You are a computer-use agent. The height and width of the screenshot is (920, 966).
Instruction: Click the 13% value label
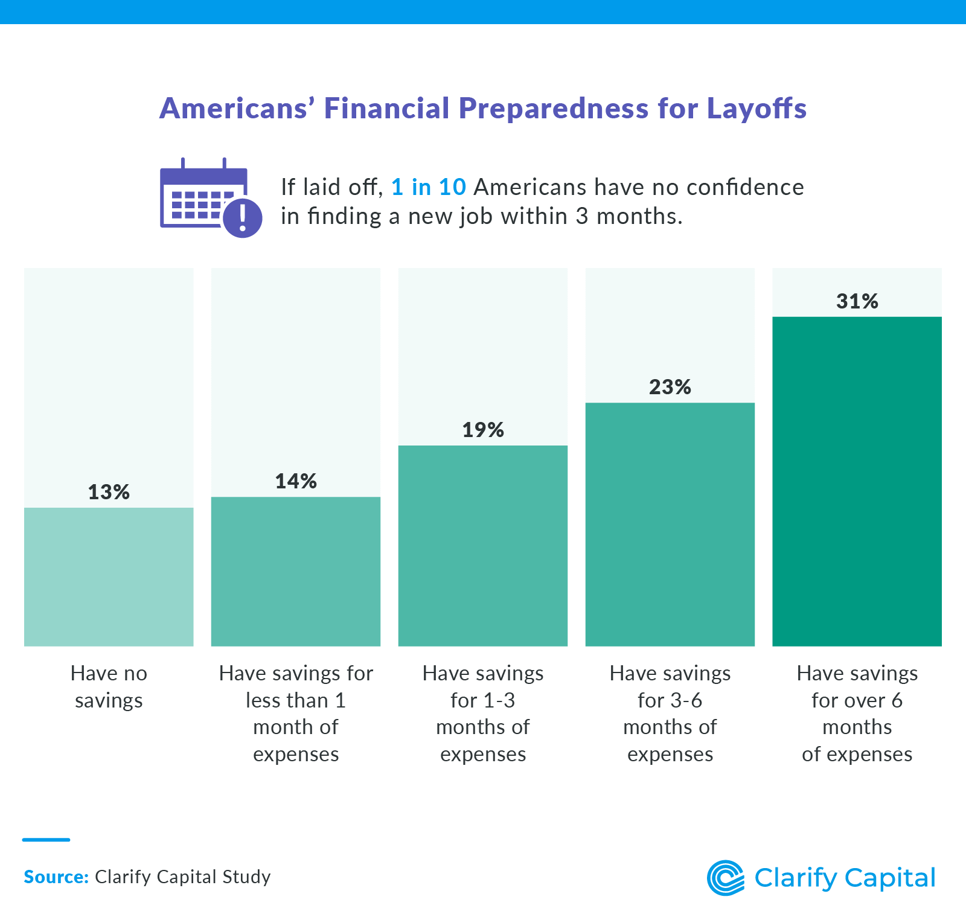pos(109,492)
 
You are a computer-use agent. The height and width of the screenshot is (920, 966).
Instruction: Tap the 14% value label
pos(296,481)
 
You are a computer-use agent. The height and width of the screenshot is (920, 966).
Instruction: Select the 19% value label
pos(483,430)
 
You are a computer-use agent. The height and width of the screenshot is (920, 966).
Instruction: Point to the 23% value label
pos(670,387)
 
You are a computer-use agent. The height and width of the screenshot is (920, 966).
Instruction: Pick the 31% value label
pos(857,301)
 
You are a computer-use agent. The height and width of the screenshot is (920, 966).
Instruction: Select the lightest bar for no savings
pos(109,577)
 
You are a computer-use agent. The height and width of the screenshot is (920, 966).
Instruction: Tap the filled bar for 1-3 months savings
pos(483,546)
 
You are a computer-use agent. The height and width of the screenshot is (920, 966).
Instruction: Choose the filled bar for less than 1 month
pos(296,571)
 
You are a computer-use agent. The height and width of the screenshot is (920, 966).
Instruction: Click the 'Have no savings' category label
pos(109,686)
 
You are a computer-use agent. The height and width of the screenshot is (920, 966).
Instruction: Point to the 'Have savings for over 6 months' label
pos(857,714)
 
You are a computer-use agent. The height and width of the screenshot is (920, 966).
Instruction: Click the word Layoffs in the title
pos(756,109)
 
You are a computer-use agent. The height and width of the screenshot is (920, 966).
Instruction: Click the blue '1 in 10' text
pos(428,187)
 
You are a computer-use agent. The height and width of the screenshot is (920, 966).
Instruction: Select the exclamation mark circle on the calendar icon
pos(243,218)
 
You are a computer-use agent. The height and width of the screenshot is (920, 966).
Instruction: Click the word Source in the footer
pos(56,877)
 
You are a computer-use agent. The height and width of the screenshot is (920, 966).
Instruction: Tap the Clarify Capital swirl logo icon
pos(726,878)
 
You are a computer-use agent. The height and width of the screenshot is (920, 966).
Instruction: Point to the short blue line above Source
pos(46,840)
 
